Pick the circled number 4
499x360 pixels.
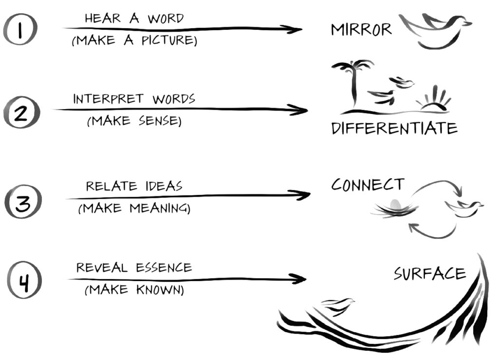pyautogui.click(x=24, y=282)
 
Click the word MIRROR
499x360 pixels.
pyautogui.click(x=361, y=30)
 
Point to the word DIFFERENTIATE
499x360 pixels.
pyautogui.click(x=394, y=128)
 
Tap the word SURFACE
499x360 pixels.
pyautogui.click(x=429, y=274)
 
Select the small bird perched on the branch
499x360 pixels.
pyautogui.click(x=339, y=306)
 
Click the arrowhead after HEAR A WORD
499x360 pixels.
pyautogui.click(x=293, y=29)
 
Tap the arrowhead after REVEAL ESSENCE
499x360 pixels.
pyautogui.click(x=298, y=279)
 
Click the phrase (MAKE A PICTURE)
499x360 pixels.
pyautogui.click(x=134, y=41)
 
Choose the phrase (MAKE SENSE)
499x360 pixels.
pyautogui.click(x=134, y=121)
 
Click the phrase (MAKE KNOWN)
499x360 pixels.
pyautogui.click(x=134, y=291)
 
